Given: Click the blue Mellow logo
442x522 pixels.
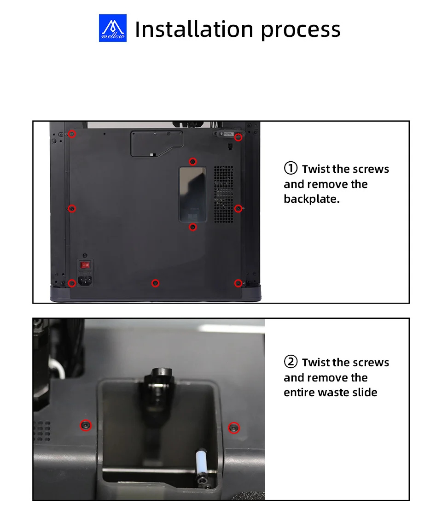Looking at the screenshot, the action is (112, 28).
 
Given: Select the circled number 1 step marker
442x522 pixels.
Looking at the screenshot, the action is (291, 168).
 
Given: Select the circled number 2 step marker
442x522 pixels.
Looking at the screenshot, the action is (291, 362).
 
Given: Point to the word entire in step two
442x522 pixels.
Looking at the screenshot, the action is (299, 392).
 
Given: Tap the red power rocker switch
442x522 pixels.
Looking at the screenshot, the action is (86, 265).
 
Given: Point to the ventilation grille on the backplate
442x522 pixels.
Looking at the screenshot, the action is (223, 194).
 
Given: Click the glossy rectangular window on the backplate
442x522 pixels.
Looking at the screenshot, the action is (192, 194).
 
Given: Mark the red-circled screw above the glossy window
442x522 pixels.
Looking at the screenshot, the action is (192, 161).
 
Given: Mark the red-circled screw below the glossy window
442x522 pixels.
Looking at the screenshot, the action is (192, 227).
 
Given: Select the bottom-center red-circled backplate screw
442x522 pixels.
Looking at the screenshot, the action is (155, 283).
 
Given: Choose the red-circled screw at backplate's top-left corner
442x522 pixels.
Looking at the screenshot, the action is (72, 134).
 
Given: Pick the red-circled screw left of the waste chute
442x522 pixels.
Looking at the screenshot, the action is (86, 425).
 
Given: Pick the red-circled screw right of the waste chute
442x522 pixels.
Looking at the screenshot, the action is (234, 428).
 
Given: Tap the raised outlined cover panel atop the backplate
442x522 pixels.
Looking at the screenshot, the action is (157, 143).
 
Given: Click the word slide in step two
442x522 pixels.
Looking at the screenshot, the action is (364, 392).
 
